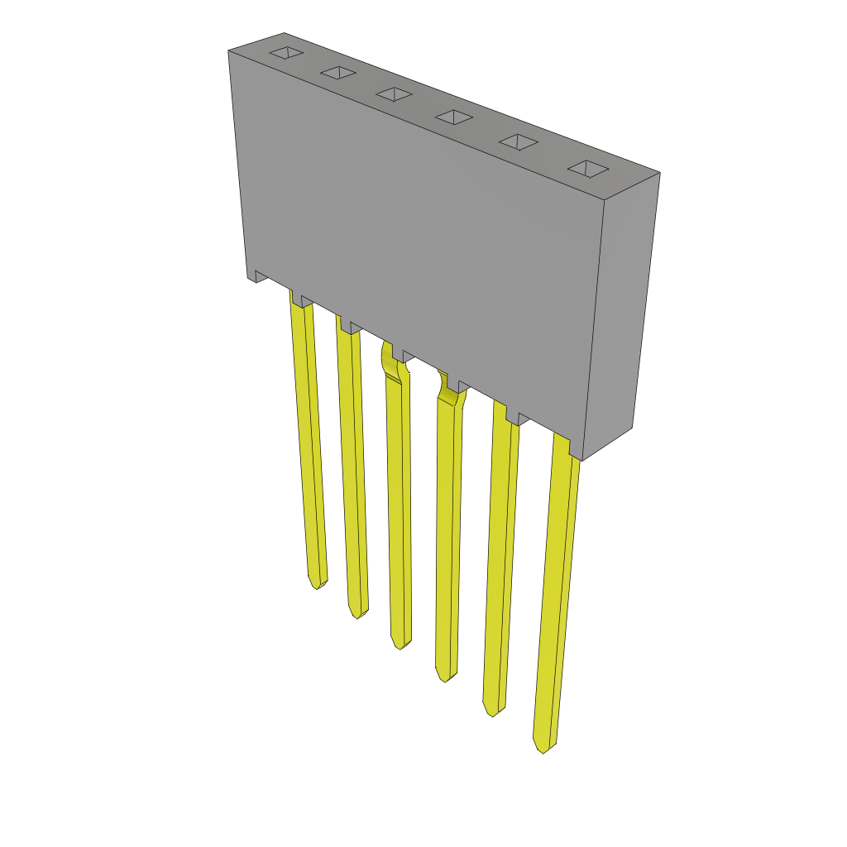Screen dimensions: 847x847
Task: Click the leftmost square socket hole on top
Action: [x=286, y=53]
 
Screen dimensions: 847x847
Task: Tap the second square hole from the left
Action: [x=338, y=73]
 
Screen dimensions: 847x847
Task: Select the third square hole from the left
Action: [x=394, y=94]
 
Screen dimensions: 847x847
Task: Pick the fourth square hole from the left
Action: [x=454, y=117]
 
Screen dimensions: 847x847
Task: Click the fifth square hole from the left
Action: [x=519, y=141]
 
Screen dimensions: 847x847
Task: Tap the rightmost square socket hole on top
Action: [x=588, y=169]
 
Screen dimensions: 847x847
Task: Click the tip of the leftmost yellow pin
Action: [x=317, y=585]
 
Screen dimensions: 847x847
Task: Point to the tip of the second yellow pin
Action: [x=358, y=615]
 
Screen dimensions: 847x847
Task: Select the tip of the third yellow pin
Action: [x=400, y=645]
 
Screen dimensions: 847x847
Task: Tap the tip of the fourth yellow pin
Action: [x=445, y=677]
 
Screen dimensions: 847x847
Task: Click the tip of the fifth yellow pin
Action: [x=492, y=711]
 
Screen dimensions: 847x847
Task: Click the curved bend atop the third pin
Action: [x=390, y=362]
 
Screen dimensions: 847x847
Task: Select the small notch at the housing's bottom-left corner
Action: [x=257, y=276]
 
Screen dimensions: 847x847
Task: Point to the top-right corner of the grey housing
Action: [x=659, y=173]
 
